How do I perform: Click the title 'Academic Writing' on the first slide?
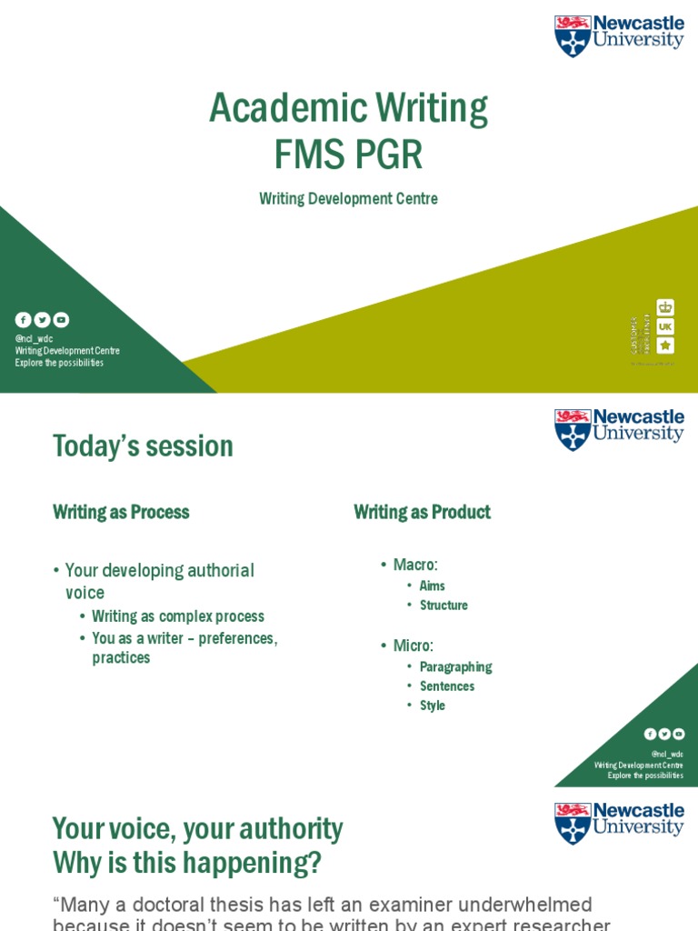click(348, 108)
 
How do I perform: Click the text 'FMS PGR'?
click(348, 155)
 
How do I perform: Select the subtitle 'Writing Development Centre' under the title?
click(348, 198)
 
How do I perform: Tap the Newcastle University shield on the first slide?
click(573, 35)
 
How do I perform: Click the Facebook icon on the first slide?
click(23, 320)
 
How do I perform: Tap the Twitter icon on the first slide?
click(42, 320)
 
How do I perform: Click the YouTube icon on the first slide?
click(61, 320)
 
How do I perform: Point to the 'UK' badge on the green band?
click(665, 326)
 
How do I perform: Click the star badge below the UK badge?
click(665, 345)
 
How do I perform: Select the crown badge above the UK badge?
click(665, 307)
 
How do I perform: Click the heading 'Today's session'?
click(143, 446)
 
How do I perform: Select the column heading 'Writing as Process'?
click(121, 512)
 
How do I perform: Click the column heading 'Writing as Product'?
click(422, 512)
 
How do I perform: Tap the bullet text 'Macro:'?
click(415, 565)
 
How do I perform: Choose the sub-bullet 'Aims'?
click(432, 586)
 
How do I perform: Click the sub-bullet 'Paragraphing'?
click(455, 666)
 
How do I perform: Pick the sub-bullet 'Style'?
click(432, 706)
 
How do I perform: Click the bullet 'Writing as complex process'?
click(177, 616)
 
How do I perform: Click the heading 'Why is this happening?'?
click(186, 862)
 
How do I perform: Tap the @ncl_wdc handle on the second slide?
click(667, 754)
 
